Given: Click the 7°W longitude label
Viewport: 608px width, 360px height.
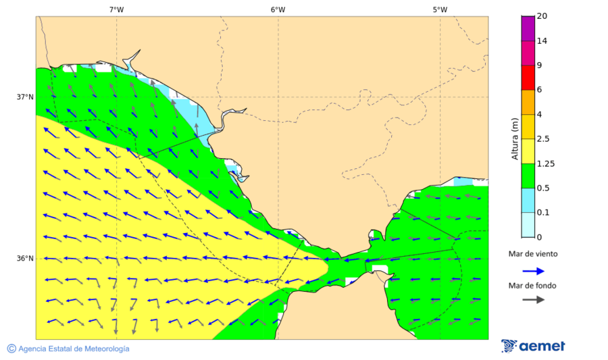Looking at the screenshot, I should coord(116,9).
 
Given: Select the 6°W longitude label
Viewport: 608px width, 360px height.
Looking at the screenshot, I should coord(278,9).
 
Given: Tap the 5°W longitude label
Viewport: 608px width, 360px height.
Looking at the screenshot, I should coord(440,9).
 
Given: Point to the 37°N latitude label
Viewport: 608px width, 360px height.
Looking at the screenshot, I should coord(25,97).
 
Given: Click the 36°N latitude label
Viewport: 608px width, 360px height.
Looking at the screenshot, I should coord(25,259).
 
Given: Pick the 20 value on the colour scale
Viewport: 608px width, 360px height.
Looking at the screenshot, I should coord(542,16).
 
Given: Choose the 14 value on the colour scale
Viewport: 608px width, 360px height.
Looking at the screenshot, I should coord(542,41).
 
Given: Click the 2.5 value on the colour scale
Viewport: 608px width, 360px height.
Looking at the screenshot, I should coord(542,139).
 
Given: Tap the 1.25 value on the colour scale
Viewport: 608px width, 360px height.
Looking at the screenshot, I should coord(544,163).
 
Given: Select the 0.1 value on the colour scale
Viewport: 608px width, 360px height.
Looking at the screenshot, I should coord(542,213).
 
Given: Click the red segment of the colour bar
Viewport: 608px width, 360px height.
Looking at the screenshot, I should coord(528,77).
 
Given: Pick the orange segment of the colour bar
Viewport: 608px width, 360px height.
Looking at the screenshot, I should coord(528,102).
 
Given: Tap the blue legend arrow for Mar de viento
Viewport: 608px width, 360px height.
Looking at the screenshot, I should coord(534,271).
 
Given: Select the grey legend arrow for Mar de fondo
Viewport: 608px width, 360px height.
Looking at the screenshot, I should coord(534,299).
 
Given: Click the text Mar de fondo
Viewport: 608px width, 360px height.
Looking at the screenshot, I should coord(533,286).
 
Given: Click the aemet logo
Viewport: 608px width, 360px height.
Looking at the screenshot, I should coord(534,346).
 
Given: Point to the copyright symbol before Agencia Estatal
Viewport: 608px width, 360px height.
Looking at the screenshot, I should coord(11,349).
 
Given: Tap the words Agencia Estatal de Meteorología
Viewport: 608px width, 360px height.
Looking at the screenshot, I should coord(74,349).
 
